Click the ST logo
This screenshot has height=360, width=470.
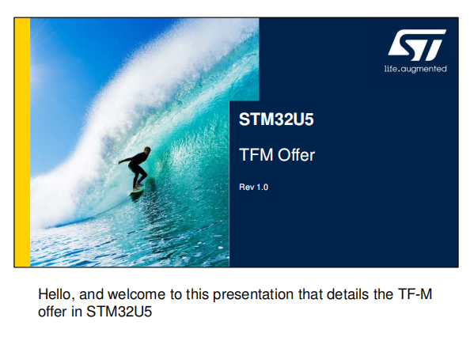[x=417, y=44]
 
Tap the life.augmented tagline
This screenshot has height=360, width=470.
[x=415, y=69]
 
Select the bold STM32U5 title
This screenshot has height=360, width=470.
[x=276, y=119]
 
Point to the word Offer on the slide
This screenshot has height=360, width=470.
[x=296, y=155]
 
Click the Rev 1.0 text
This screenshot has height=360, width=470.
[x=253, y=187]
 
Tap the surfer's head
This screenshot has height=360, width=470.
[x=147, y=150]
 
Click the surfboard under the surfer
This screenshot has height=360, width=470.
[x=136, y=191]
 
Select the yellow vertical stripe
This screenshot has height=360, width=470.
[x=22, y=142]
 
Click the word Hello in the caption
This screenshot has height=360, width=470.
[x=56, y=294]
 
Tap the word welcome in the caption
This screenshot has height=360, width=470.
[x=136, y=294]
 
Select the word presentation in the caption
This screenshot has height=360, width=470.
[x=253, y=295]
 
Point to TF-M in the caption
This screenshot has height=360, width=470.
[x=415, y=294]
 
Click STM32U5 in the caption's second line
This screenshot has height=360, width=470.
[x=119, y=312]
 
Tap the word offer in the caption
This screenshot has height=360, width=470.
[x=52, y=312]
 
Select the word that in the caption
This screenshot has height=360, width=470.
[x=310, y=294]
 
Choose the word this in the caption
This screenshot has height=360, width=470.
[x=197, y=294]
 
